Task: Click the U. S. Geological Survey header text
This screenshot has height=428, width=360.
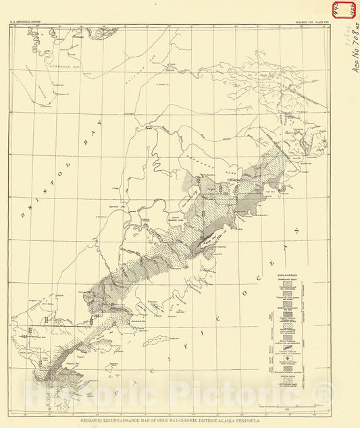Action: click(x=26, y=22)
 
